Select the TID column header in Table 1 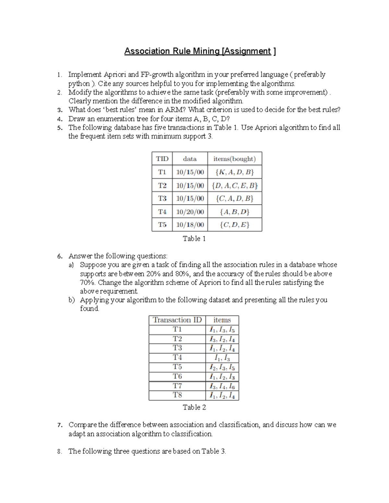[162, 159]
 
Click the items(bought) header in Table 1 [234, 159]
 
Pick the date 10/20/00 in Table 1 [190, 212]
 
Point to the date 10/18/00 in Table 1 [190, 225]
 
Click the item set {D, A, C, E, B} [234, 186]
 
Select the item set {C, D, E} [234, 225]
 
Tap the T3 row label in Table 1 [162, 198]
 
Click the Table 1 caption [194, 239]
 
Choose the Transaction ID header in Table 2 [177, 320]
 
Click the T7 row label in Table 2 [177, 386]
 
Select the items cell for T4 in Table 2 [222, 358]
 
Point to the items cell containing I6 [222, 386]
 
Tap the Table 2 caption [194, 407]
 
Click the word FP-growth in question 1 [157, 75]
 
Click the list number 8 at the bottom [59, 452]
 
